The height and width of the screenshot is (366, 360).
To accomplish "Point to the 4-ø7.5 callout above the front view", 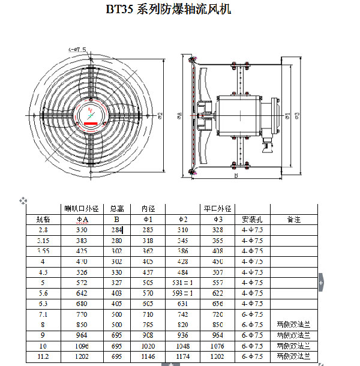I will tap(77, 49).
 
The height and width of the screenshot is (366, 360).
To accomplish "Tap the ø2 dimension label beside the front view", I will tap(161, 114).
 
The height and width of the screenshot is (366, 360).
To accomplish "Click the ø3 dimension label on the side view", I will tap(296, 115).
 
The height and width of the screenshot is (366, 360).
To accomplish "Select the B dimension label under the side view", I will tap(236, 176).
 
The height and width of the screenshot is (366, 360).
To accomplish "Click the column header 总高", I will tap(117, 208).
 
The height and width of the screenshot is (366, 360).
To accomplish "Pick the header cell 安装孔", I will tap(252, 219).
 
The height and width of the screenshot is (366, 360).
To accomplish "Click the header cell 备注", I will tap(293, 219).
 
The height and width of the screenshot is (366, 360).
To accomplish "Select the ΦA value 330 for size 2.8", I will tap(82, 230).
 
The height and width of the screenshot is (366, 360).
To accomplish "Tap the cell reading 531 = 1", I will tap(182, 283).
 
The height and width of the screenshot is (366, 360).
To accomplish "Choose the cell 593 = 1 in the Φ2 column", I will tap(182, 293).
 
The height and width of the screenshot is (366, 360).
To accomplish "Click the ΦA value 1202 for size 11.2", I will tap(82, 356).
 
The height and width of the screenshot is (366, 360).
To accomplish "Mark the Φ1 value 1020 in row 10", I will tap(148, 346).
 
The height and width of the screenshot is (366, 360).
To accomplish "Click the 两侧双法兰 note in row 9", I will tap(293, 335).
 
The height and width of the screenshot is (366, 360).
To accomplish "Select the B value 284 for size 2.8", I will tap(116, 230).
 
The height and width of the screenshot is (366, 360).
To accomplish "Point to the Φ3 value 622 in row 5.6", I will tap(218, 293).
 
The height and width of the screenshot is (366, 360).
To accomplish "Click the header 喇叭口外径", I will tap(80, 208).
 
